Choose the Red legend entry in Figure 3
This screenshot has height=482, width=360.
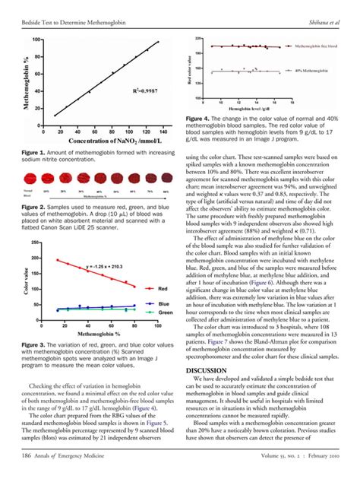(163, 289)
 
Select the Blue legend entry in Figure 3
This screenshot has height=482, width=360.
(163, 303)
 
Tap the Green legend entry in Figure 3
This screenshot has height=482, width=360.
(164, 312)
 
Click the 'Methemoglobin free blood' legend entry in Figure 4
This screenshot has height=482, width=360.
(317, 46)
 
